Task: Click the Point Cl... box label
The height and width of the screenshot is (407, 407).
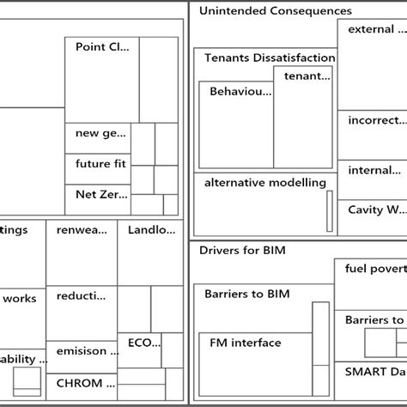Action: [102, 47]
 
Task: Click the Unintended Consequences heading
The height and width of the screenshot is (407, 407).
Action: [275, 11]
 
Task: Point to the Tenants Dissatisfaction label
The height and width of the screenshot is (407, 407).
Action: [270, 58]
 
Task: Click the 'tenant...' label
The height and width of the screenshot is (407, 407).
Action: [307, 76]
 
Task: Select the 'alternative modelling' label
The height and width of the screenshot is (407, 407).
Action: [265, 183]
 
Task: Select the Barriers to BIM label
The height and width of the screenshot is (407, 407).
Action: [247, 294]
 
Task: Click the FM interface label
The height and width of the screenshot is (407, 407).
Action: [246, 343]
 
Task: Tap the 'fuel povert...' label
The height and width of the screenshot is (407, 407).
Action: [374, 268]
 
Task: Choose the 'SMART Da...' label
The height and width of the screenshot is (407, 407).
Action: [374, 372]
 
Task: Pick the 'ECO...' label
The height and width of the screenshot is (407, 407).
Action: [143, 343]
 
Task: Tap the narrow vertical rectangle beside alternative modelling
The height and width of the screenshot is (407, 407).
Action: [329, 210]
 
